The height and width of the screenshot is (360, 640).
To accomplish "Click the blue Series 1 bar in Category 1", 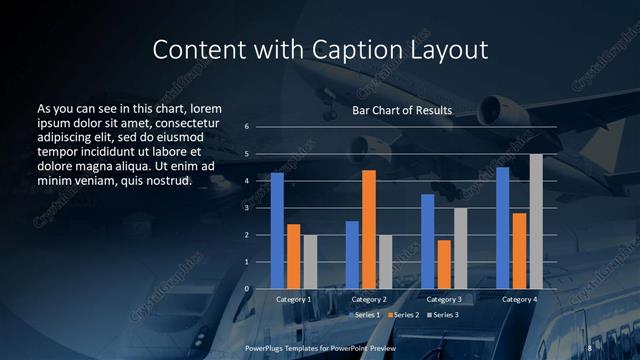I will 277,230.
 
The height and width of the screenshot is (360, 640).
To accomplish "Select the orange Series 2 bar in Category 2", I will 369,229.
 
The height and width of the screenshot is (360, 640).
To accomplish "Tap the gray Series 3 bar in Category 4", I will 536,221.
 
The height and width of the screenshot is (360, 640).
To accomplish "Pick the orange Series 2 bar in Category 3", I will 444,264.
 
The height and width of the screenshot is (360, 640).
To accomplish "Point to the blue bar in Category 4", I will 503,228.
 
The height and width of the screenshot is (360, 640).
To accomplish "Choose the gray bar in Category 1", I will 310,262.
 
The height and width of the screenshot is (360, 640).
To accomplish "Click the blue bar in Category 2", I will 352,255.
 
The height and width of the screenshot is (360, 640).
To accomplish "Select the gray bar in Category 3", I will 461,248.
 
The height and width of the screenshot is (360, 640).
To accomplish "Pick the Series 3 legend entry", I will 442,315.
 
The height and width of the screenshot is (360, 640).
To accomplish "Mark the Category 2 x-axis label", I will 369,299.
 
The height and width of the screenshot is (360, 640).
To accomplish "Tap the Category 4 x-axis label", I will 519,299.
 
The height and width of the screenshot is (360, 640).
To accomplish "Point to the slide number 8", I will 590,347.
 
